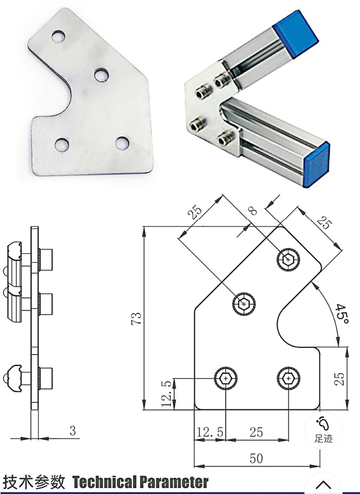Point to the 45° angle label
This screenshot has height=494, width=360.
tap(341, 314)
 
